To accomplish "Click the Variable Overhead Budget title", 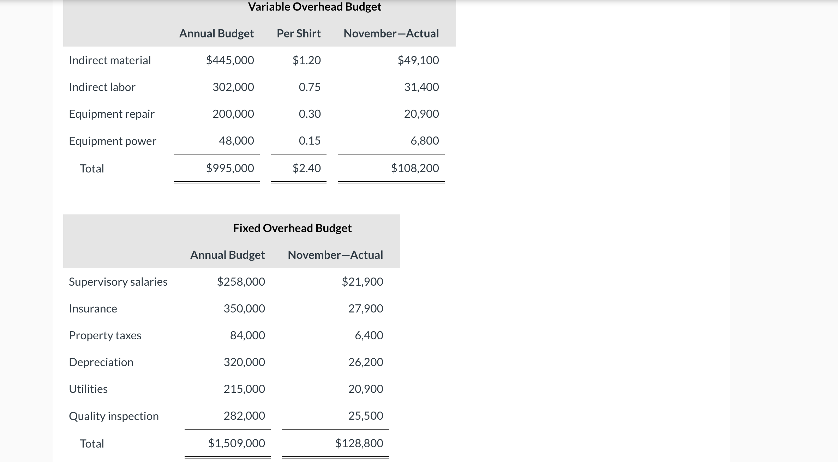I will click(x=315, y=7).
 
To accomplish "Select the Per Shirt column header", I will click(x=299, y=34).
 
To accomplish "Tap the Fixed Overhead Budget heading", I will click(x=292, y=228).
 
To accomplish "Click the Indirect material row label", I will click(x=110, y=60).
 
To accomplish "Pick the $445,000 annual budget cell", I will click(x=230, y=60).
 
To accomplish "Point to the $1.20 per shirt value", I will click(x=306, y=60).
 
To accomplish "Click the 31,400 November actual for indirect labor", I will click(x=421, y=87).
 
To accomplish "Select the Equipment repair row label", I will click(x=112, y=114).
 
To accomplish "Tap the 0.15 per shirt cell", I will click(x=310, y=141).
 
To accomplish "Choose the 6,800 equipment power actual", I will click(x=425, y=141).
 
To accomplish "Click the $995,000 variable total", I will click(x=230, y=168).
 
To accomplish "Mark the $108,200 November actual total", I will click(x=415, y=168).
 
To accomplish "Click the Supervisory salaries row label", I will click(x=118, y=282).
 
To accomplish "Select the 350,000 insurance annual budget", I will click(x=244, y=309).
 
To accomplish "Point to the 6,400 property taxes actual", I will click(x=369, y=335).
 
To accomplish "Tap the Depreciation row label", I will click(x=101, y=362).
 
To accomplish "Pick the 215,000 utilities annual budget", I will click(x=244, y=389).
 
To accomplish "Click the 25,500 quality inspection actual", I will click(x=366, y=416).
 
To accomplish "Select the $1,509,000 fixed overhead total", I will click(x=237, y=443).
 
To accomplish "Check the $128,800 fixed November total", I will click(x=359, y=443).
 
